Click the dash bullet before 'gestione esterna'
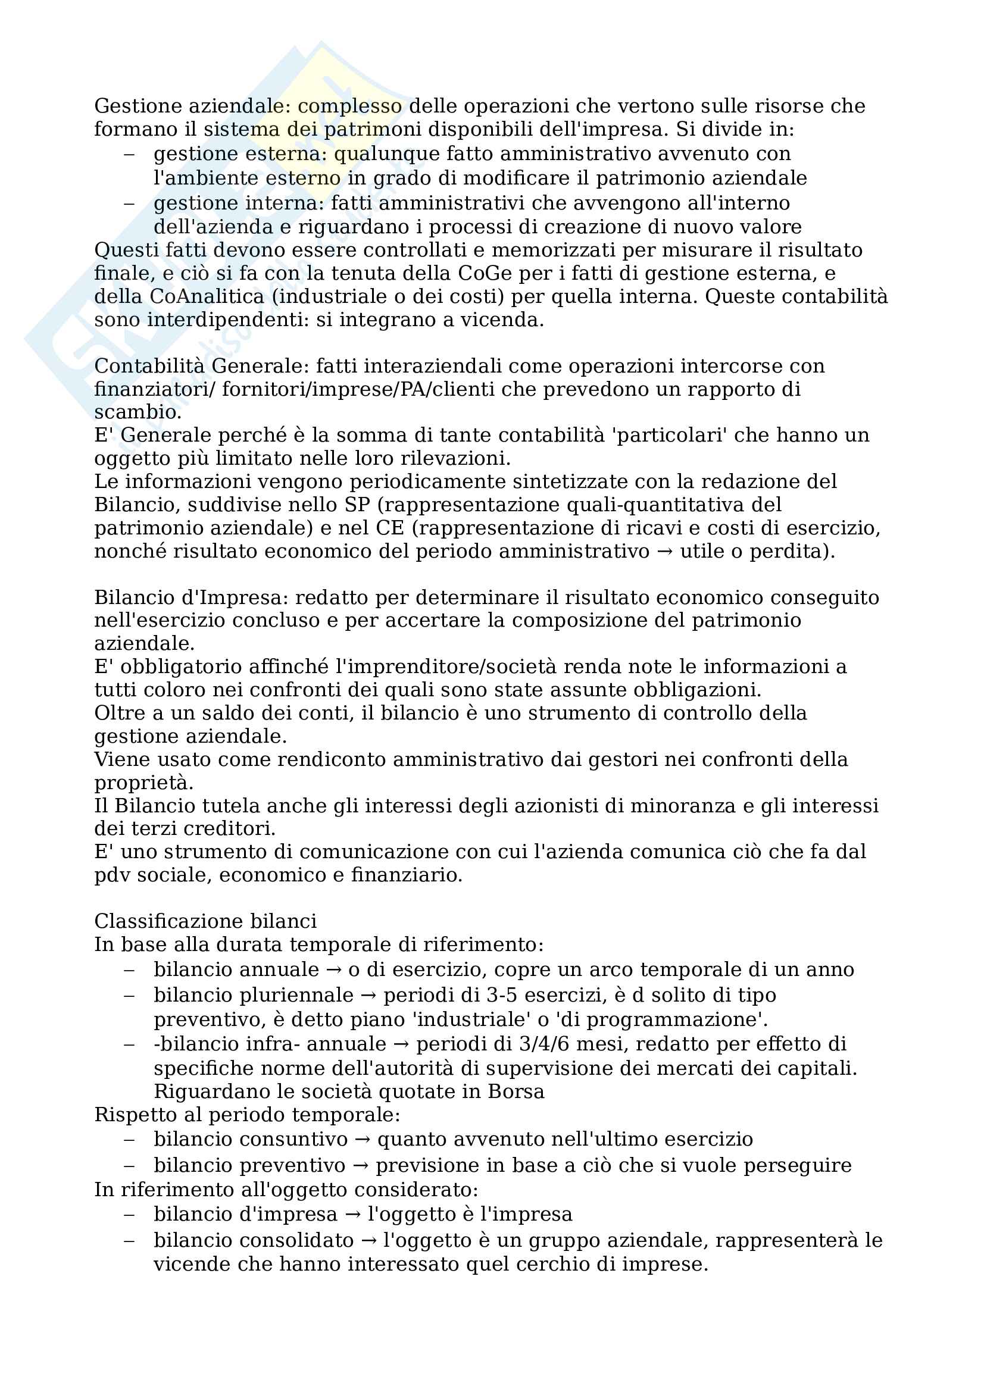tap(129, 154)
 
